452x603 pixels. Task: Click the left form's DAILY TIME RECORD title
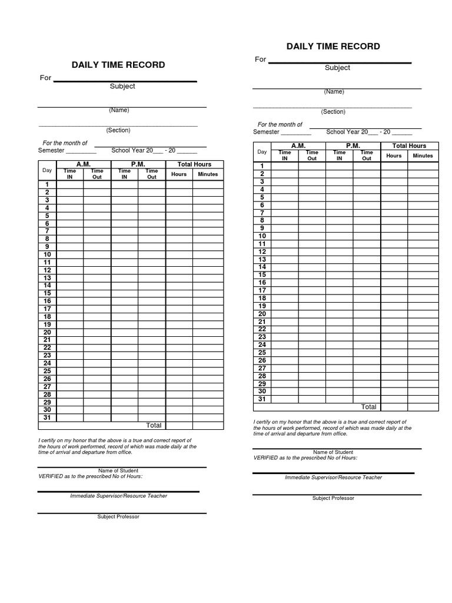click(118, 65)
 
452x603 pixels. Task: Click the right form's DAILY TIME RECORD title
click(333, 46)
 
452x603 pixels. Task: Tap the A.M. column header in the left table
click(83, 164)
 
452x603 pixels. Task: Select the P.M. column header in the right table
click(353, 145)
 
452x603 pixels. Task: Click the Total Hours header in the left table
click(194, 164)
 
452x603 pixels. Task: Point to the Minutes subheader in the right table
click(423, 156)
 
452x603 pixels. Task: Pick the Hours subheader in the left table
click(179, 174)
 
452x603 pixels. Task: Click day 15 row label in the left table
click(47, 293)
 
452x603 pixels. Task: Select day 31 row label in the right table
click(262, 399)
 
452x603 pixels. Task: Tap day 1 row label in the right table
click(262, 166)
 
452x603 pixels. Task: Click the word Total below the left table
click(154, 425)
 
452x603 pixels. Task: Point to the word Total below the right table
click(368, 407)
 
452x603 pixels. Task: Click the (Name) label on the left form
click(118, 110)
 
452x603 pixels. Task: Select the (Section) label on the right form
click(333, 112)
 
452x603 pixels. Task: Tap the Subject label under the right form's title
click(337, 68)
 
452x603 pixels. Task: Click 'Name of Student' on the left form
click(118, 471)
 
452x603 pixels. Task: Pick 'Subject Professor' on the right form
click(333, 498)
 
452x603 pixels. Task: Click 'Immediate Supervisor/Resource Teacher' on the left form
click(118, 496)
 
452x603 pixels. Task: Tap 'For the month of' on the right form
click(280, 124)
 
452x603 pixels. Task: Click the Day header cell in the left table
click(47, 170)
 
